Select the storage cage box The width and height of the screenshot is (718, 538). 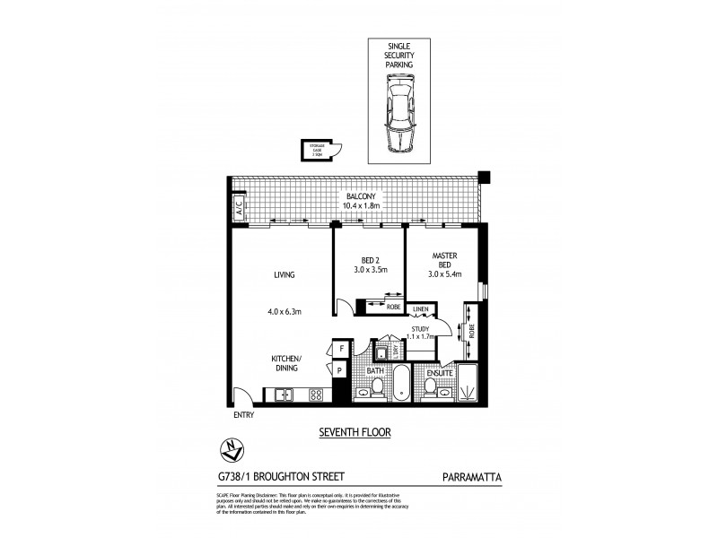318,152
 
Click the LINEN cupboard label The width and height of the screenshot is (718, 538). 420,311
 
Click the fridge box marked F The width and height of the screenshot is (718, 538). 342,349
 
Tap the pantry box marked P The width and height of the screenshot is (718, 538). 342,369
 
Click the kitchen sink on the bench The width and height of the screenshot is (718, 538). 284,393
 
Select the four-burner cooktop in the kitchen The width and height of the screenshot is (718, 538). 315,393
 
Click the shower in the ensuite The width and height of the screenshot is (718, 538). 469,381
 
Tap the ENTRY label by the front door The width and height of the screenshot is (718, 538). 244,415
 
